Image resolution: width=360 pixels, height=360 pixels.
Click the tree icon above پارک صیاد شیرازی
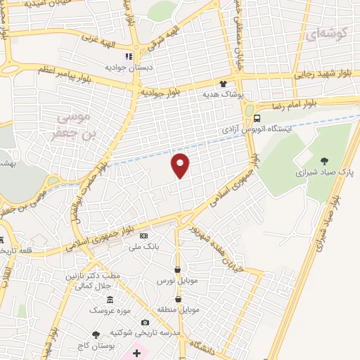click(x=324, y=161)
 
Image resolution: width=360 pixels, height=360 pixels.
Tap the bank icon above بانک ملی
click(x=144, y=236)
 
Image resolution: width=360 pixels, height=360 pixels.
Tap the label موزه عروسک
click(x=110, y=309)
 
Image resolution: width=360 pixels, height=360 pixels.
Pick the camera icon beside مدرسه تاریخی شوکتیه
click(x=145, y=322)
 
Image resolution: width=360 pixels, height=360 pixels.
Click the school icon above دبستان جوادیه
click(x=129, y=57)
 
